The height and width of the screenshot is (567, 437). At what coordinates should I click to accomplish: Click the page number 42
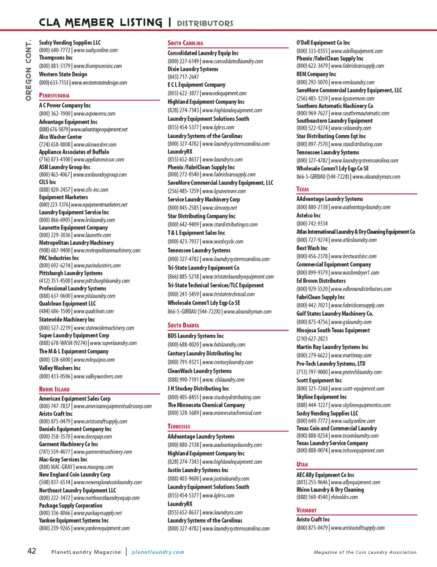click(32, 551)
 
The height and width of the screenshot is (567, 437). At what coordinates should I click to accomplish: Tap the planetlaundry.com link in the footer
click(158, 552)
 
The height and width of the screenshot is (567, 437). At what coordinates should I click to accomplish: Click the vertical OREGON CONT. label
click(29, 70)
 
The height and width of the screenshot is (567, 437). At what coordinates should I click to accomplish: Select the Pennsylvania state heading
click(54, 96)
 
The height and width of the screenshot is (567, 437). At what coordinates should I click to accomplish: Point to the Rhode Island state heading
click(54, 390)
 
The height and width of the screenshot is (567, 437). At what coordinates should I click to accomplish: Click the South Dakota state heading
click(183, 326)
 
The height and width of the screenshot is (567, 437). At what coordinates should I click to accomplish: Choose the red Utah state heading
click(302, 465)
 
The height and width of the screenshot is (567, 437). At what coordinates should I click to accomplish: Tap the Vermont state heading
click(306, 510)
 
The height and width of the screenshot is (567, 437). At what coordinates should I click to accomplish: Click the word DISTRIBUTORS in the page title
click(205, 23)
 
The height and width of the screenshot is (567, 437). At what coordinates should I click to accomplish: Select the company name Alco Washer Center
click(61, 137)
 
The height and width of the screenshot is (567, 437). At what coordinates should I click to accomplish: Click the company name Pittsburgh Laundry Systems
click(71, 273)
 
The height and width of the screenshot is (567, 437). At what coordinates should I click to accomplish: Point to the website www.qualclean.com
click(93, 311)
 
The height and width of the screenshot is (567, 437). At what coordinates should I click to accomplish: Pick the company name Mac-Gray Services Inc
click(63, 459)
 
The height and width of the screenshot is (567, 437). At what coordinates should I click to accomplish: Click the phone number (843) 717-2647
click(183, 77)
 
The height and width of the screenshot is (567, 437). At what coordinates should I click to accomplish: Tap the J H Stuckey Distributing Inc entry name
click(198, 389)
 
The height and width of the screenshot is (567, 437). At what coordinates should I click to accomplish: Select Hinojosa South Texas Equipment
click(333, 330)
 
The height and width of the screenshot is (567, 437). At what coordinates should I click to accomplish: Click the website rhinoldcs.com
click(344, 497)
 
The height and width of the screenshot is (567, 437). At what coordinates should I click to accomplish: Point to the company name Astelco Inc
click(309, 215)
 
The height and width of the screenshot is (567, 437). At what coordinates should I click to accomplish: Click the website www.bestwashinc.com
click(354, 256)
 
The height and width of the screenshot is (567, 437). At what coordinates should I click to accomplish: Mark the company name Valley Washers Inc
click(60, 368)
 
